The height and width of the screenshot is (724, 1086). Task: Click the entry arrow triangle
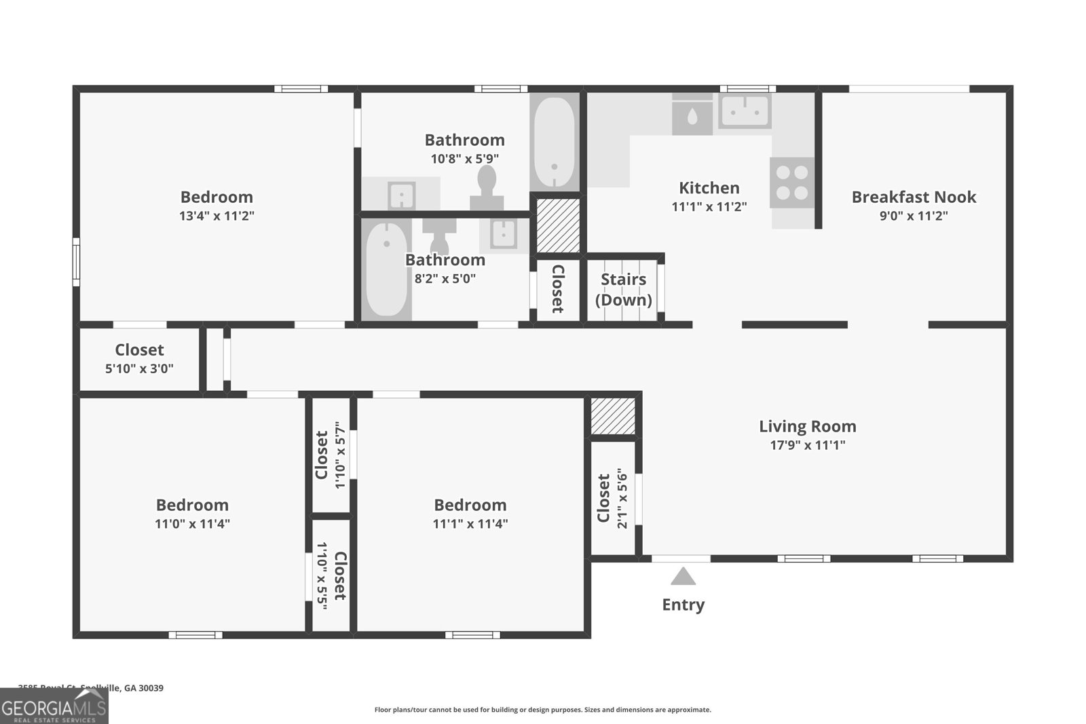[x=683, y=577]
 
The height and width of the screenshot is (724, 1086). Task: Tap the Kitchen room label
[x=709, y=188]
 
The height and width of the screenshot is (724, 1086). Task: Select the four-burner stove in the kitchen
[x=792, y=183]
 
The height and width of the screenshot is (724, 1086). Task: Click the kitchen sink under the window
[x=745, y=111]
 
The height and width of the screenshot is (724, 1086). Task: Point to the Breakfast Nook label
[x=913, y=197]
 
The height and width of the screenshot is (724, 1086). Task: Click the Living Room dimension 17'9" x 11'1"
[x=807, y=446]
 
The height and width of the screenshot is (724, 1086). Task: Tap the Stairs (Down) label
[x=623, y=289]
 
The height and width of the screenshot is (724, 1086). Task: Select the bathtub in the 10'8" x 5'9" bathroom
[x=555, y=143]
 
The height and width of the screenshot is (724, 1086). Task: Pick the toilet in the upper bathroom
[x=487, y=187]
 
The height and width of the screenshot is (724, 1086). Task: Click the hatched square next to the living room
[x=612, y=416]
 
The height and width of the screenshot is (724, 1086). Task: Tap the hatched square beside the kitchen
[x=558, y=225]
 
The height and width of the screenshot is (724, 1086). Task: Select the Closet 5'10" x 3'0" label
[x=139, y=358]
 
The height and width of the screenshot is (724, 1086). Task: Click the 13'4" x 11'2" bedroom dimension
[x=217, y=216]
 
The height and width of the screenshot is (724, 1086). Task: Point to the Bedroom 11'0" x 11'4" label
[x=192, y=514]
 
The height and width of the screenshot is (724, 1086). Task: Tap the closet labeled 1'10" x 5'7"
[x=331, y=455]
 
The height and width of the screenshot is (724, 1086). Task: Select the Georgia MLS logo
[x=54, y=707]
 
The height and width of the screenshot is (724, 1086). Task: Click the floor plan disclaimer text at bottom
[x=542, y=710]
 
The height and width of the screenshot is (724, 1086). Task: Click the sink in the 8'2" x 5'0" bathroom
[x=504, y=235]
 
